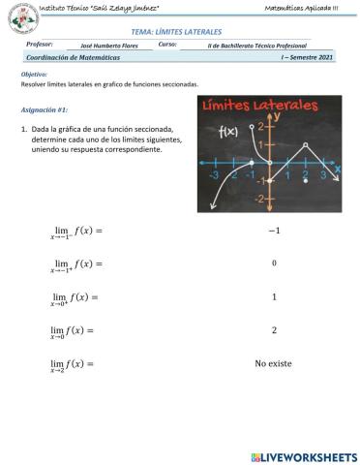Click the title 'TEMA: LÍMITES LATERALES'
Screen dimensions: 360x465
coord(175,32)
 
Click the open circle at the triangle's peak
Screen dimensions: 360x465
coord(306,145)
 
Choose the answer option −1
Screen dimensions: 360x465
coord(274,231)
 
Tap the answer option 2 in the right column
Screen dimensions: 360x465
coord(274,330)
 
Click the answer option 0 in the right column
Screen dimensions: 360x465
coord(274,263)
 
